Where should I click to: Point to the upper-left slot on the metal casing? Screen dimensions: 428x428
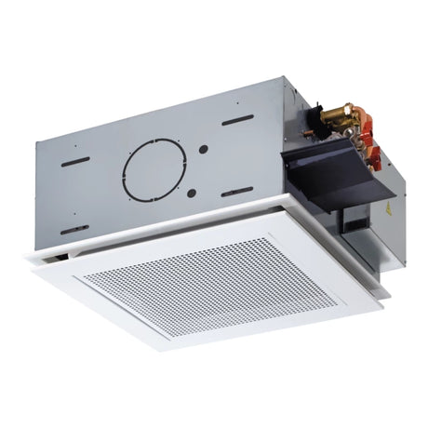pyautogui.click(x=74, y=160)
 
